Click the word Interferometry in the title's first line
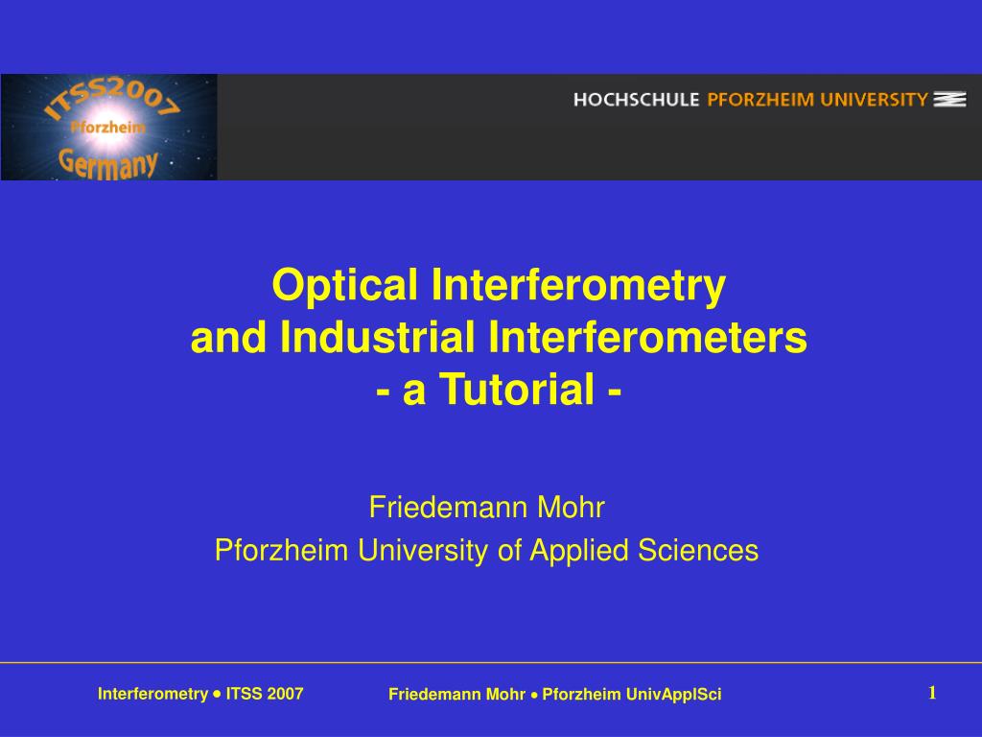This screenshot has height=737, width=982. point(579,285)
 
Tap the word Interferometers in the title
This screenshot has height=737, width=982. point(648,338)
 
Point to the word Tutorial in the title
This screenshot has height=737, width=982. point(504,391)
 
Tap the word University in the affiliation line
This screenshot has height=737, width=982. point(423,551)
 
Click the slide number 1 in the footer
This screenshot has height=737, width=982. point(931,693)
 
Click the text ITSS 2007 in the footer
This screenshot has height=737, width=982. point(265,694)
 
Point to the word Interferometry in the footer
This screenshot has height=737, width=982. point(152,694)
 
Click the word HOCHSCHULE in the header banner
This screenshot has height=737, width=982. point(637,99)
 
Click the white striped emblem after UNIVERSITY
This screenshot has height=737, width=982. point(949,99)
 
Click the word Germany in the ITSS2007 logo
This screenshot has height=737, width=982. point(108,161)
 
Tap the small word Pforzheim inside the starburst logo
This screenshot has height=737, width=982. point(107,127)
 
